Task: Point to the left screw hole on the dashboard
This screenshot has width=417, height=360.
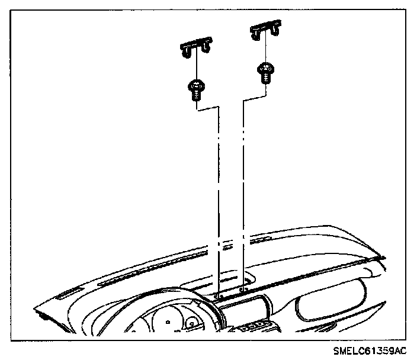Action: click(x=219, y=294)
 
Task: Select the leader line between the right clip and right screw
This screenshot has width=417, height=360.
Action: click(x=264, y=52)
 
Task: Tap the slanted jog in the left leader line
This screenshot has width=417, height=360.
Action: click(x=207, y=109)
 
